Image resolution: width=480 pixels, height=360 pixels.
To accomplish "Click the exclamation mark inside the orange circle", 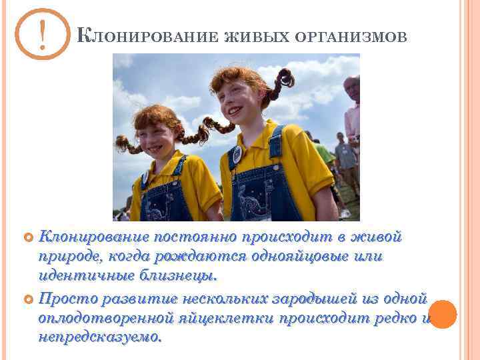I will pyautogui.click(x=42, y=35).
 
